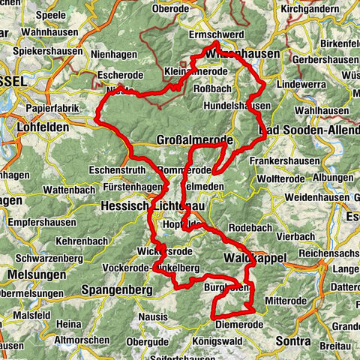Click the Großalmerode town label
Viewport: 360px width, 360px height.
[193, 139]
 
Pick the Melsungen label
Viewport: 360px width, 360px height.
[19, 275]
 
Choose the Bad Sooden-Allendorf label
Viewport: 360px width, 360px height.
[309, 130]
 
